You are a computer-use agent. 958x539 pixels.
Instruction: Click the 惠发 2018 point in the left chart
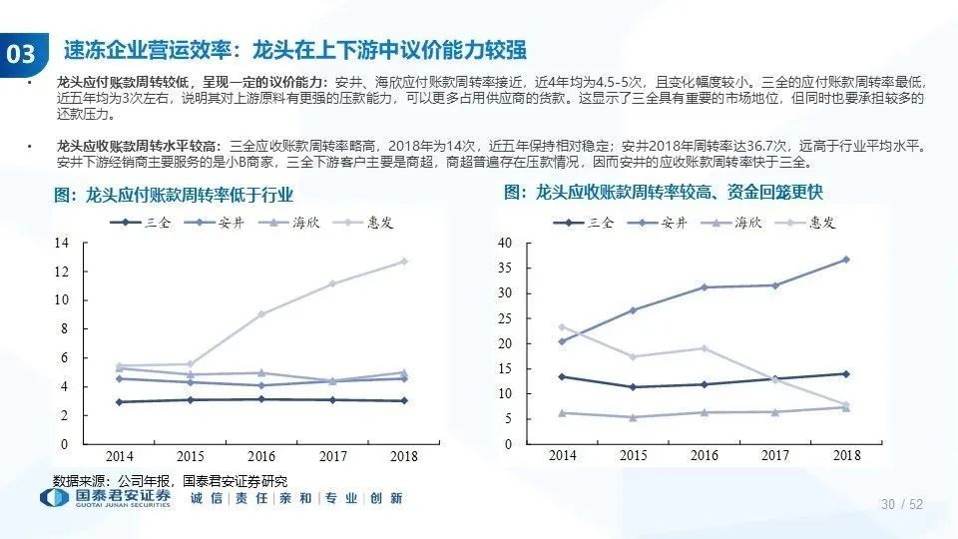pyautogui.click(x=403, y=262)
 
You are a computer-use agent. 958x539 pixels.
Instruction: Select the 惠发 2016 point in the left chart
pyautogui.click(x=261, y=314)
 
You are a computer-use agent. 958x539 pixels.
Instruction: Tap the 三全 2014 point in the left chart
pyautogui.click(x=120, y=402)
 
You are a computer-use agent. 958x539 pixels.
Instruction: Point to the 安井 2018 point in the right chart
pyautogui.click(x=846, y=260)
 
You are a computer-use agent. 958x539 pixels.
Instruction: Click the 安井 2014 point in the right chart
pyautogui.click(x=562, y=341)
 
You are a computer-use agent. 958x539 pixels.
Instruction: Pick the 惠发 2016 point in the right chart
pyautogui.click(x=705, y=348)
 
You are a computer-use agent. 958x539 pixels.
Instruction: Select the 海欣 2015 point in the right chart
pyautogui.click(x=633, y=417)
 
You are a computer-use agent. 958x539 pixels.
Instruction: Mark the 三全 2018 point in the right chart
pyautogui.click(x=846, y=374)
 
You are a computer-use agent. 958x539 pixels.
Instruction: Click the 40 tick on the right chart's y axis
pyautogui.click(x=504, y=244)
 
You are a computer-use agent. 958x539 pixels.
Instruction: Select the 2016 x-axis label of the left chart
pyautogui.click(x=261, y=456)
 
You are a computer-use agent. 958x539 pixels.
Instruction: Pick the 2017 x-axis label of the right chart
pyautogui.click(x=775, y=456)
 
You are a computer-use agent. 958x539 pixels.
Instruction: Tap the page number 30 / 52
pyautogui.click(x=902, y=505)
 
